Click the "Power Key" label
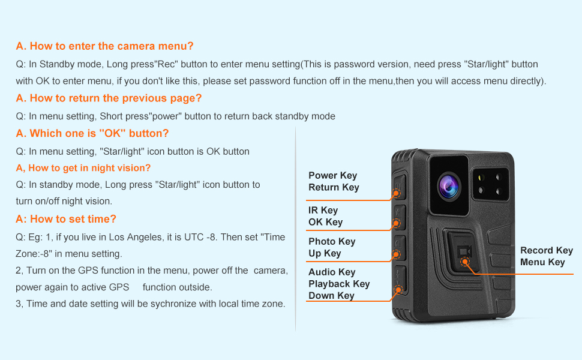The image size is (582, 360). click(332, 176)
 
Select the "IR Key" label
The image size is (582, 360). click(323, 211)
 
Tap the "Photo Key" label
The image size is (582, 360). click(332, 242)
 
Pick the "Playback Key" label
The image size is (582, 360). click(339, 284)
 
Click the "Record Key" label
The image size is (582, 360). click(546, 251)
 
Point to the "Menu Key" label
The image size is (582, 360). click(542, 262)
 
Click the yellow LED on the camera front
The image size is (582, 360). click(481, 178)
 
